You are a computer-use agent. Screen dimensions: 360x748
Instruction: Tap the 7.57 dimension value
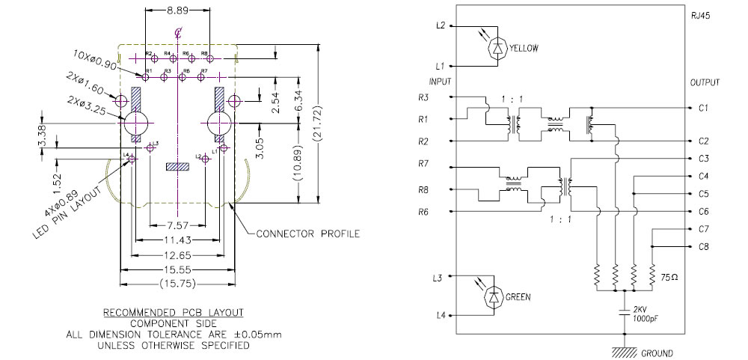(x=178, y=225)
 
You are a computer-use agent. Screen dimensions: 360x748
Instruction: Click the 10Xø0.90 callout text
(x=96, y=59)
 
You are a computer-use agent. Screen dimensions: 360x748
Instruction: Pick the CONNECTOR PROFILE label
(x=307, y=234)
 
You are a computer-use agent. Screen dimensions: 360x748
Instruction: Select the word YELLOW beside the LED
(x=524, y=48)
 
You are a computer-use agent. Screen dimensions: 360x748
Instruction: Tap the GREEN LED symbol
(x=494, y=296)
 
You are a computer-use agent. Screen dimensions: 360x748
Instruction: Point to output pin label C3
(x=703, y=159)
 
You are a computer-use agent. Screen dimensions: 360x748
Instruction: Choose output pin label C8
(x=703, y=246)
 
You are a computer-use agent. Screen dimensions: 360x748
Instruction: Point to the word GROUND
(x=656, y=353)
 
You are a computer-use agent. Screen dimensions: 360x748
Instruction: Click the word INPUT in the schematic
(x=440, y=81)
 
